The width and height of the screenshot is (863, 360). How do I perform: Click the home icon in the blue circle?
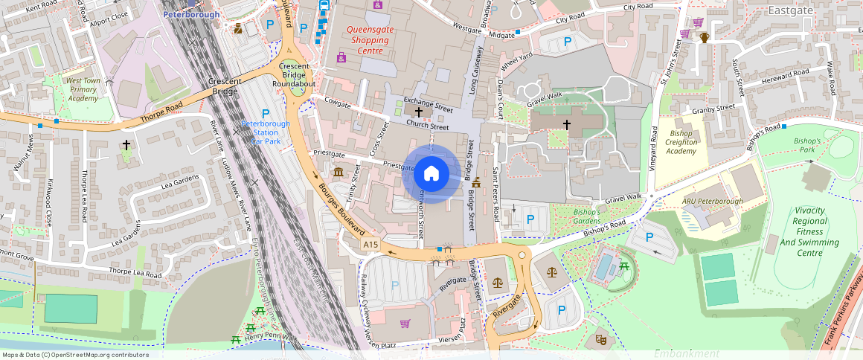pyautogui.click(x=431, y=174)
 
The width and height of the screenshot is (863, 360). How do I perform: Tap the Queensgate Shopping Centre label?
pyautogui.click(x=370, y=40)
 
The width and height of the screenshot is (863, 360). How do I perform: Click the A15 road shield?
pyautogui.click(x=370, y=244)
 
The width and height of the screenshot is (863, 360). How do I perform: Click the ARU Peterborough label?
pyautogui.click(x=712, y=202)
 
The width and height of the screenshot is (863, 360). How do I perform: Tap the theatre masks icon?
pyautogui.click(x=600, y=340)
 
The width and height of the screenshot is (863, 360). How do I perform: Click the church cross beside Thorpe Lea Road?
pyautogui.click(x=126, y=144)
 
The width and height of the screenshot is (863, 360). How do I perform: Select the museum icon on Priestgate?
pyautogui.click(x=339, y=173)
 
